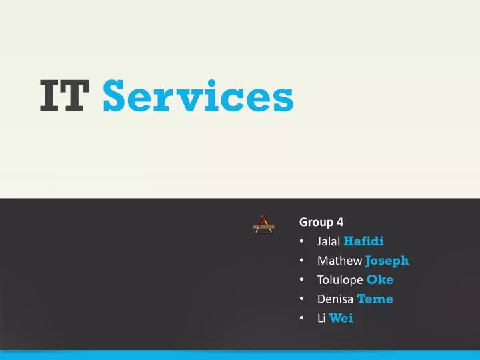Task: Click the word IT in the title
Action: (63, 97)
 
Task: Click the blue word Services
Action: (199, 97)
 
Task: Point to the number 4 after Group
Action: (340, 222)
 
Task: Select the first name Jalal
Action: (329, 241)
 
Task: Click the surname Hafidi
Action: (363, 241)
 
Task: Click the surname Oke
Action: (380, 280)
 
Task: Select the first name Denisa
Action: (335, 299)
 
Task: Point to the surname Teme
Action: (375, 299)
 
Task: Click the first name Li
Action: (321, 319)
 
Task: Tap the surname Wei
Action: (341, 319)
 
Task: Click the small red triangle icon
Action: (263, 225)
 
